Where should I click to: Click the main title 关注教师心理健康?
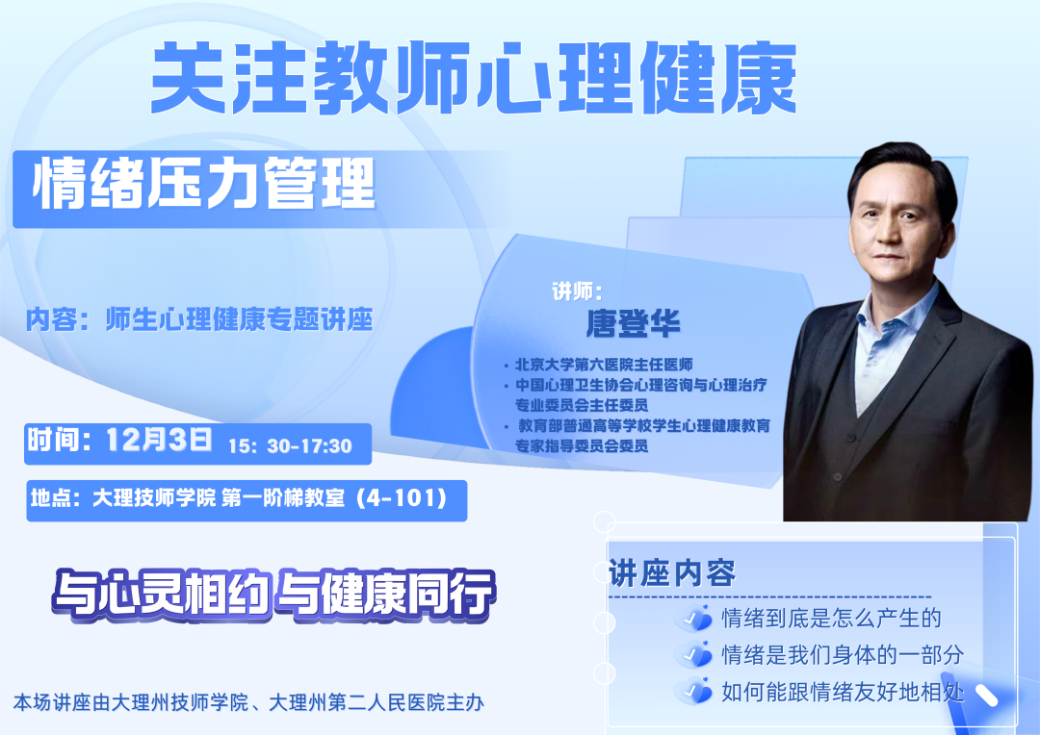click(x=473, y=78)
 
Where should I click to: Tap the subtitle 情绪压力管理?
click(x=204, y=184)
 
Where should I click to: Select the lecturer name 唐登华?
click(x=633, y=323)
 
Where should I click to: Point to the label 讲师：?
click(x=577, y=291)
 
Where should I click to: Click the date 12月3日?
click(x=159, y=440)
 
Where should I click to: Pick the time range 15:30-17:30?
click(x=290, y=446)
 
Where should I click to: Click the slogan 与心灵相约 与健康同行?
click(x=273, y=594)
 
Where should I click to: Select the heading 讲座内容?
click(x=672, y=573)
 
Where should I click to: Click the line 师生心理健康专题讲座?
click(x=239, y=319)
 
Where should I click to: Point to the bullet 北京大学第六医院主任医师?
click(x=604, y=365)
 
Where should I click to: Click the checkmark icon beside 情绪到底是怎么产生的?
click(x=694, y=619)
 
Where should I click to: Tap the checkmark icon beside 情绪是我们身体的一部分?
click(x=694, y=655)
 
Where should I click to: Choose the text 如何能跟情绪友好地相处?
click(x=843, y=692)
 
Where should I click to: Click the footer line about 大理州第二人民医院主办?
click(x=248, y=702)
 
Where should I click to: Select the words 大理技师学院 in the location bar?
click(x=154, y=497)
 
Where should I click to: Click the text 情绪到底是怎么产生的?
click(x=831, y=619)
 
